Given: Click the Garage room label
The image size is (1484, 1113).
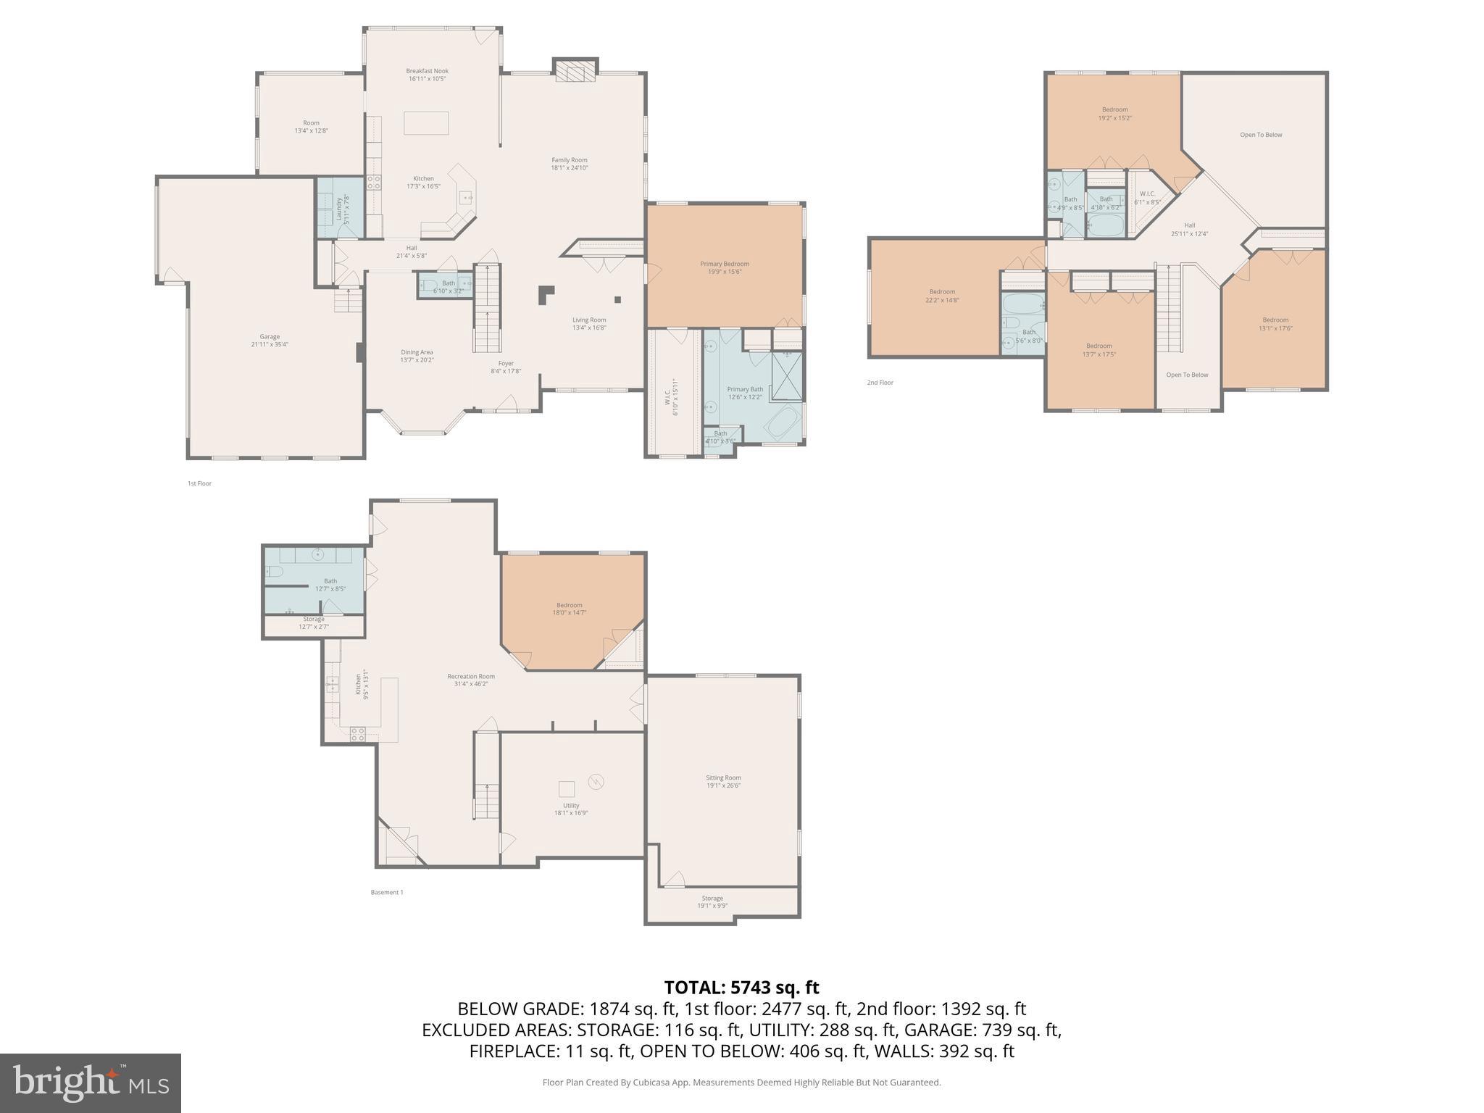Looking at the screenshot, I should pos(270,336).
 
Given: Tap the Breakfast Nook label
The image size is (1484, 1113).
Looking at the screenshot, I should pos(427,71).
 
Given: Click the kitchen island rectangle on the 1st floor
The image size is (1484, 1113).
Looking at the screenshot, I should pos(426,123).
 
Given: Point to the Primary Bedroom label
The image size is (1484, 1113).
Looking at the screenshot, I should pos(724,264).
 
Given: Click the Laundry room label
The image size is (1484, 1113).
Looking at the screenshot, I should pos(339,209).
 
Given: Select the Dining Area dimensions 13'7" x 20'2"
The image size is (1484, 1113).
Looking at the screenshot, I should pos(417,360).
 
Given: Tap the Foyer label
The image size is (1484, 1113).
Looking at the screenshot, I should pos(506,363).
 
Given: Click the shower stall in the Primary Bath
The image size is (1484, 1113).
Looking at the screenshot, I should pos(787,375).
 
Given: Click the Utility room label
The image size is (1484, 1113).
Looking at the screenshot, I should pos(571,805).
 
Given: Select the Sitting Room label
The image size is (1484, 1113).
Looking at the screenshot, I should pos(723,778).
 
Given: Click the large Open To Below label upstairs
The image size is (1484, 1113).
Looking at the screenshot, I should pos(1261,135).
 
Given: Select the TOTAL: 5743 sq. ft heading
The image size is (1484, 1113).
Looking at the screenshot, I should pos(741,987).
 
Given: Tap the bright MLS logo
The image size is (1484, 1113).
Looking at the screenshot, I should pos(91,1083).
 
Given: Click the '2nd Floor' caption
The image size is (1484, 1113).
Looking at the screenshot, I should pos(880,383).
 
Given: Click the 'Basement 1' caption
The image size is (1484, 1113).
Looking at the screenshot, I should pos(387,892).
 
